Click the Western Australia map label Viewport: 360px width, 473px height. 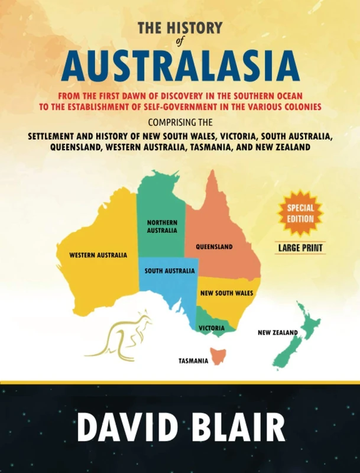click(x=98, y=255)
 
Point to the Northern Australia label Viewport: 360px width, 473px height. click(x=162, y=226)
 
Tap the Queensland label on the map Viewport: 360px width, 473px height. click(x=215, y=247)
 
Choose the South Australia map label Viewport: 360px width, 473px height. click(x=170, y=271)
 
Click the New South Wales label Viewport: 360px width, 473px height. click(x=226, y=293)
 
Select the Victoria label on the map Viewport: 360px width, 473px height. click(x=211, y=328)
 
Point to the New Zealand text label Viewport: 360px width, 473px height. click(x=277, y=332)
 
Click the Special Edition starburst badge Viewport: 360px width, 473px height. click(x=300, y=213)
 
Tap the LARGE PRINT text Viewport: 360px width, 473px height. click(x=300, y=248)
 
